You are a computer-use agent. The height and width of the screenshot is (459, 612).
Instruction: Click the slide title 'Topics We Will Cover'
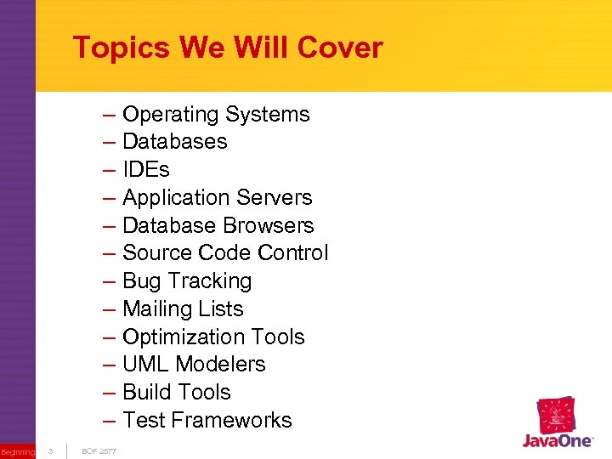click(228, 48)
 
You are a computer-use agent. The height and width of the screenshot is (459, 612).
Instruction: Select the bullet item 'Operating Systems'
click(216, 115)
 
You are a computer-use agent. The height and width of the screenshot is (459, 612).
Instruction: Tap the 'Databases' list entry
click(175, 142)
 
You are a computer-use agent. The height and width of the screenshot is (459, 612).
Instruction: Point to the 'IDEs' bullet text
click(146, 170)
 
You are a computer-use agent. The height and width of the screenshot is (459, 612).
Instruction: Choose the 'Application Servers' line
click(218, 198)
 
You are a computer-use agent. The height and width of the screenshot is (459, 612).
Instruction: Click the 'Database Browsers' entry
click(218, 226)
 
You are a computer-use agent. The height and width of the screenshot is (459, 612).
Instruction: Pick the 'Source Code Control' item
click(225, 253)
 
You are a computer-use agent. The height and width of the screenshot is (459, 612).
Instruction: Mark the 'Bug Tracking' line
click(187, 281)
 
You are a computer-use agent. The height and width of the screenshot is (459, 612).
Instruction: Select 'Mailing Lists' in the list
click(183, 309)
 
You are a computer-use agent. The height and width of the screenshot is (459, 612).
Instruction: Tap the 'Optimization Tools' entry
click(213, 337)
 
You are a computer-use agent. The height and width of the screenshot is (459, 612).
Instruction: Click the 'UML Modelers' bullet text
click(194, 365)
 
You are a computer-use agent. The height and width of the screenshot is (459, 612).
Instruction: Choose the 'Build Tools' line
click(177, 393)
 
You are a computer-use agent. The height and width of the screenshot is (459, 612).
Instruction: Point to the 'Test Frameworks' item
click(207, 421)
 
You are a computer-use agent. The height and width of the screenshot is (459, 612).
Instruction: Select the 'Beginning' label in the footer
click(18, 452)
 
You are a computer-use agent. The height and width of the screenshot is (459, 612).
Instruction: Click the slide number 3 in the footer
click(50, 450)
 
